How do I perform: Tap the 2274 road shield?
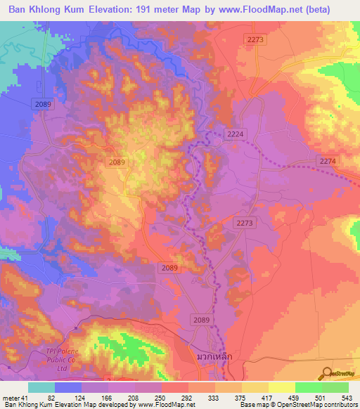[328, 161]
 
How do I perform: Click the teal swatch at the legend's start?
[41, 387]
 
